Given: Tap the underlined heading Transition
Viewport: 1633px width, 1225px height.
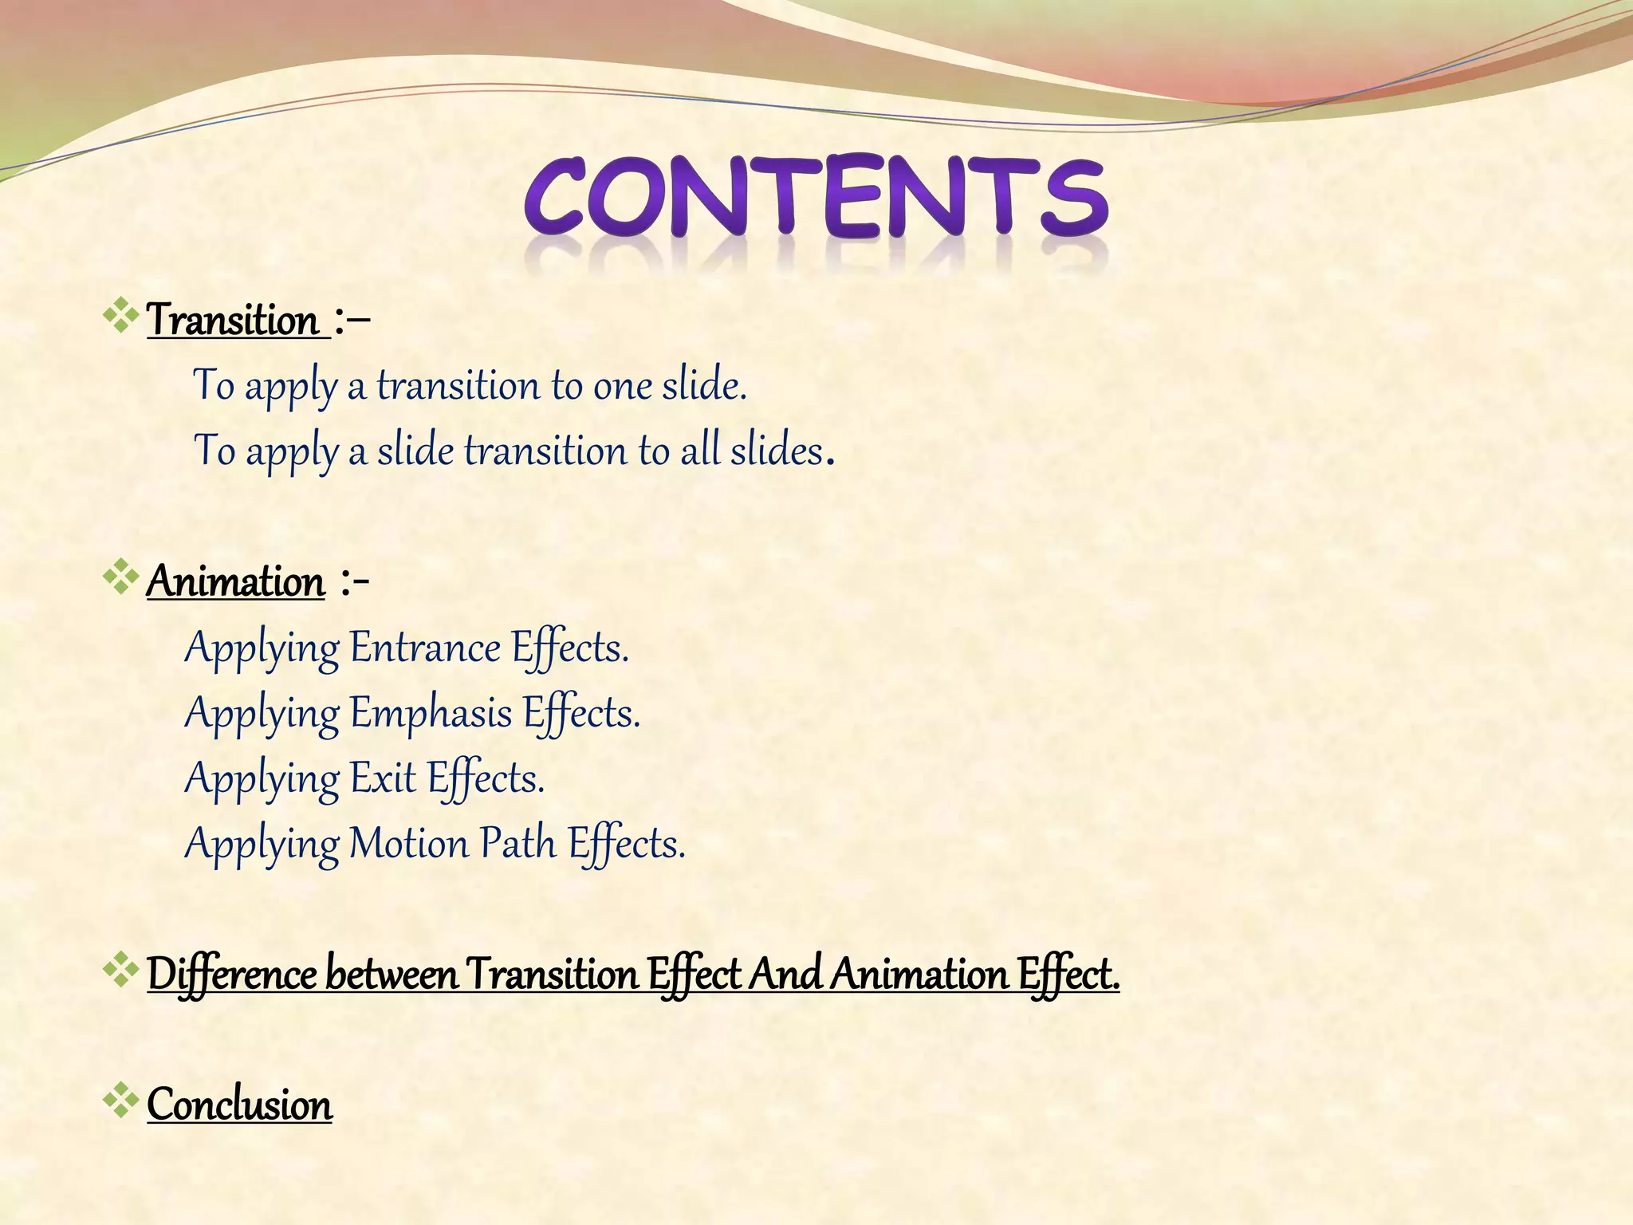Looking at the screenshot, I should (x=233, y=321).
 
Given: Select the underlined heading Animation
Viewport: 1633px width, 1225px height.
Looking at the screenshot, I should (x=236, y=581).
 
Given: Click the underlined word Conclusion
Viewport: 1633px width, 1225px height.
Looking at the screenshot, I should (x=239, y=1105).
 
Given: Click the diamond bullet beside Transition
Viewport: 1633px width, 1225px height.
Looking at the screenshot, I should (x=120, y=316).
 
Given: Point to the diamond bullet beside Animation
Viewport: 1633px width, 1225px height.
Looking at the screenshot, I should (x=120, y=577).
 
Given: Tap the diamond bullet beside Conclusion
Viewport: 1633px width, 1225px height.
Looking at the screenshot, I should (x=120, y=1100).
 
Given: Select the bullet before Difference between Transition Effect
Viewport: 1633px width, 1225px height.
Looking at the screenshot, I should (x=120, y=969).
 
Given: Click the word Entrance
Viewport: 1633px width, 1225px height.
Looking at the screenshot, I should (x=425, y=648).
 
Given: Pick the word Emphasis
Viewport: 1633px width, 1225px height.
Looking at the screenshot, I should (x=431, y=713).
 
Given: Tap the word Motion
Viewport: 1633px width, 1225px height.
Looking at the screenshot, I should (x=409, y=844).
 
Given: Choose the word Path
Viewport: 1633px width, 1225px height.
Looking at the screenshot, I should (x=518, y=844).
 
